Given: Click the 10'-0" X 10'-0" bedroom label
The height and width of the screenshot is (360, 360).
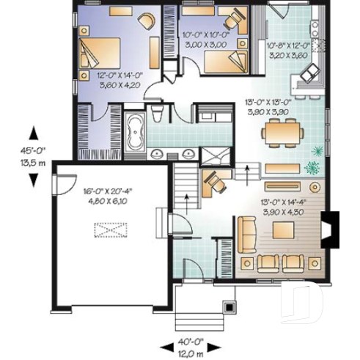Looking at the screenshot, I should coord(207,38).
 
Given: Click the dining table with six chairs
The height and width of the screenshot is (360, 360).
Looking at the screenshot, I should coord(282,133).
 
